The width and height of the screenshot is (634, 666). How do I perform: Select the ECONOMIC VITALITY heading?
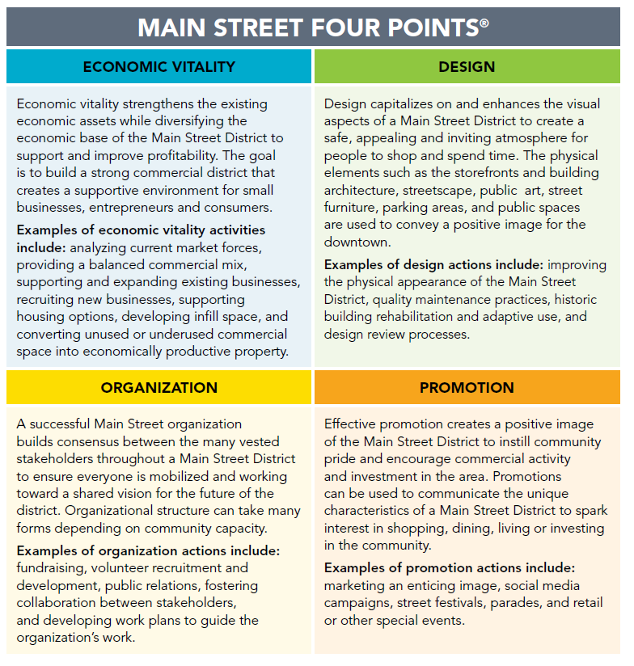point(158,66)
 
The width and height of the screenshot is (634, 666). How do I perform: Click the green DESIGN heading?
point(467,66)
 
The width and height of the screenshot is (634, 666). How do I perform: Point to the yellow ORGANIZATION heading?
point(158,388)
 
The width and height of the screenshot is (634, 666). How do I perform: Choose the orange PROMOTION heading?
point(467,388)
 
